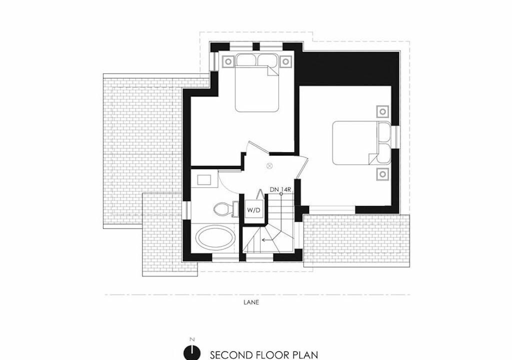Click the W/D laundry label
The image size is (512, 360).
click(253, 210)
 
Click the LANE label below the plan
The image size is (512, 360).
click(251, 302)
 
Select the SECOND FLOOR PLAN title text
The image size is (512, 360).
click(264, 355)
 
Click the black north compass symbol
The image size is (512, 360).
click(192, 352)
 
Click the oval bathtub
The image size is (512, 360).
click(214, 238)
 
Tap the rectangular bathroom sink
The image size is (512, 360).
click(204, 180)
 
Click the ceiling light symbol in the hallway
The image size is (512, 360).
click(269, 166)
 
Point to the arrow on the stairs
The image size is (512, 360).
click(267, 240)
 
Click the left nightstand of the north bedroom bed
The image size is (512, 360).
click(228, 61)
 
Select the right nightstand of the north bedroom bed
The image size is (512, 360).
click(285, 61)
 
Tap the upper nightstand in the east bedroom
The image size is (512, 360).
click(382, 111)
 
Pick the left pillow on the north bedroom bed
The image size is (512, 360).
click(246, 60)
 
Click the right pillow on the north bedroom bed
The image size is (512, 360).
click(268, 60)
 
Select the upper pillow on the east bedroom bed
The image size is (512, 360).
click(384, 132)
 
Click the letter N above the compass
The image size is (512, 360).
click(192, 339)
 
